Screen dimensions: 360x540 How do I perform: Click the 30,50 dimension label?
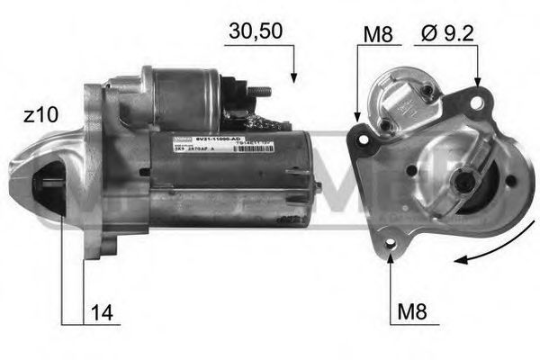click(x=256, y=31)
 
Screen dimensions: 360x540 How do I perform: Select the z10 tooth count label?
click(x=42, y=114)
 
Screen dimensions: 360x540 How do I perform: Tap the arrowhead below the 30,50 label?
click(x=292, y=78)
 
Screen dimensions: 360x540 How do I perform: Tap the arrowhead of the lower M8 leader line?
click(x=391, y=257)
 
